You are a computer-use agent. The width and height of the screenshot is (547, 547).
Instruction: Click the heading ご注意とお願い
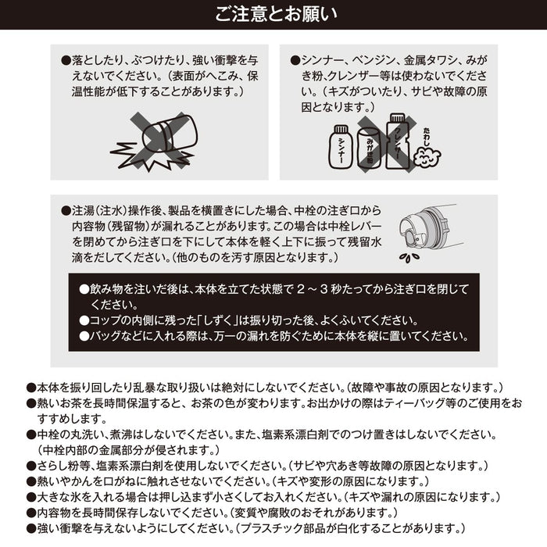tap(276, 15)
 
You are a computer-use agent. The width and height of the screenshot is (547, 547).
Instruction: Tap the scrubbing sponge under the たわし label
tap(427, 157)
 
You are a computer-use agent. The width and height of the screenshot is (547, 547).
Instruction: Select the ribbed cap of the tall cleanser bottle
tap(397, 118)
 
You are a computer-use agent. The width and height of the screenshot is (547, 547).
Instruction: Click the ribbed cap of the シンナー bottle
tap(341, 130)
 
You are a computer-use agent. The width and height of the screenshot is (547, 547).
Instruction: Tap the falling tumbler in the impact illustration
tap(170, 134)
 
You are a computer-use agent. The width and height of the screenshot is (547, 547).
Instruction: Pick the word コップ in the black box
tap(105, 320)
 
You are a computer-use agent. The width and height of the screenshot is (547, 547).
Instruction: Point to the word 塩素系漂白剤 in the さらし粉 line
tap(128, 466)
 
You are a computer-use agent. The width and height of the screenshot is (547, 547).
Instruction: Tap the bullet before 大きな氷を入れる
tap(31, 498)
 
